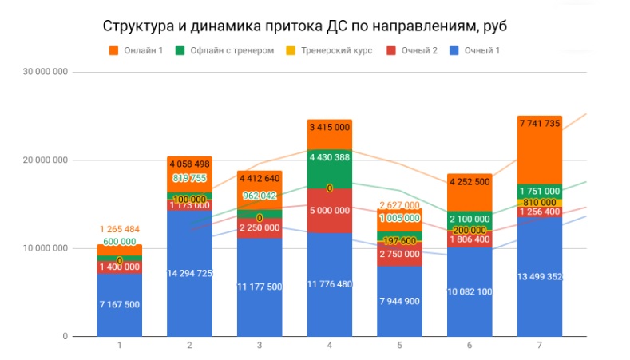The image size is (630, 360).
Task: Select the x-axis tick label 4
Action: coord(329,346)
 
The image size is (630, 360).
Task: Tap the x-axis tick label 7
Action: coord(539,346)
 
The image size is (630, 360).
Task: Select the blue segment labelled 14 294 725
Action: coord(189,274)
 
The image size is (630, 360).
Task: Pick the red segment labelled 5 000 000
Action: coord(329,210)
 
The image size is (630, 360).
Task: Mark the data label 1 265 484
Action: coord(120,230)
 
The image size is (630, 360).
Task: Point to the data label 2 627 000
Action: coord(399,204)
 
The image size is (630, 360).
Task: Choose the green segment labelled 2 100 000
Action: coord(470,219)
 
